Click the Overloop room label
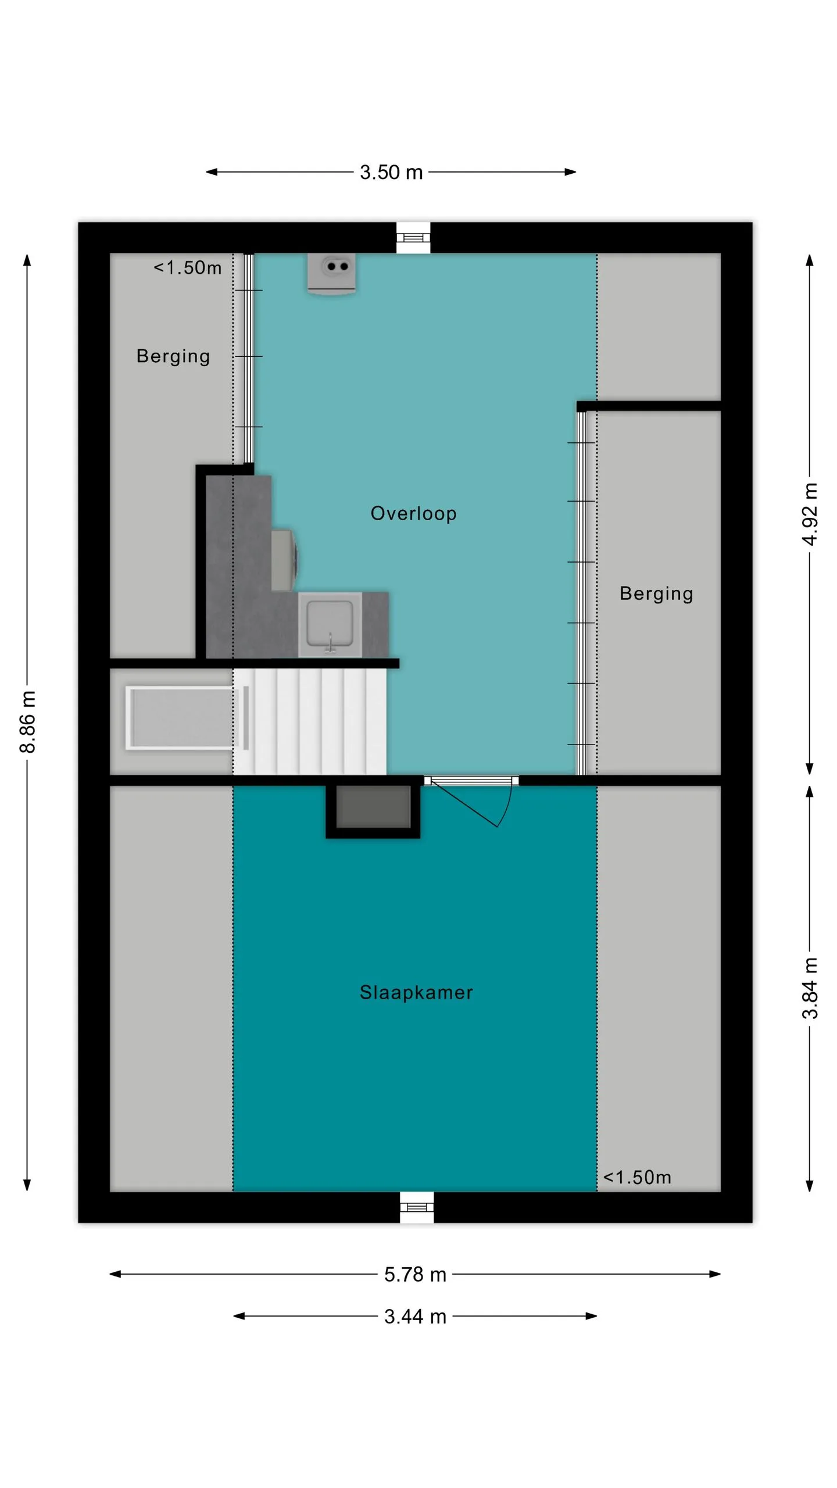click(x=413, y=513)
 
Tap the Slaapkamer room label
click(x=416, y=992)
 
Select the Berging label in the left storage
click(x=173, y=356)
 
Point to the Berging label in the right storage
click(x=656, y=593)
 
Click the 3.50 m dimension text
click(x=391, y=172)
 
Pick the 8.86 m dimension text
click(x=28, y=722)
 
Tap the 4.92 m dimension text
click(x=810, y=514)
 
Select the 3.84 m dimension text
click(x=810, y=988)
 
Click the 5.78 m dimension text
click(x=415, y=1275)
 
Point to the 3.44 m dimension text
click(x=415, y=1317)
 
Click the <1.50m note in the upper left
click(x=187, y=268)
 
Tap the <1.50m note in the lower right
click(x=637, y=1178)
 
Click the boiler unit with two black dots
click(x=331, y=274)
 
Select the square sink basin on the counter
click(x=330, y=625)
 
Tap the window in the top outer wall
click(x=413, y=238)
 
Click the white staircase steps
click(x=310, y=721)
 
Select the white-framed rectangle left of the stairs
click(x=182, y=718)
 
